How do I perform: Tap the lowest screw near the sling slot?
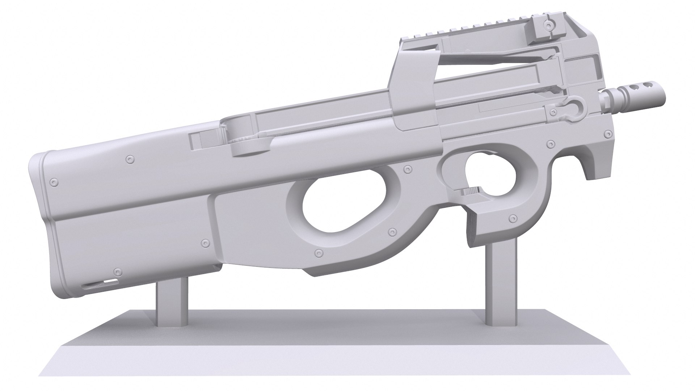click(116, 272)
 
